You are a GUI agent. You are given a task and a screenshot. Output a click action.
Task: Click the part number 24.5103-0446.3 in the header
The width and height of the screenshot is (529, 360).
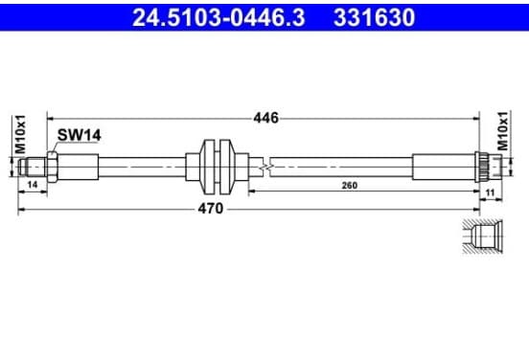[x=218, y=17]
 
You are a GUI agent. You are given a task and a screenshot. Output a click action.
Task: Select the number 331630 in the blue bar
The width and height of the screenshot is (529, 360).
[x=374, y=17]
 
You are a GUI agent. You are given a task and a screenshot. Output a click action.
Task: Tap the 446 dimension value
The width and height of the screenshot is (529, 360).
[x=266, y=118]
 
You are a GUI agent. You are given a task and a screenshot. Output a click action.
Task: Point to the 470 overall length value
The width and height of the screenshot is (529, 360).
[x=211, y=209]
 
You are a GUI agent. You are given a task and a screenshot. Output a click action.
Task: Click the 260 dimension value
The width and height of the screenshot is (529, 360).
[x=350, y=186]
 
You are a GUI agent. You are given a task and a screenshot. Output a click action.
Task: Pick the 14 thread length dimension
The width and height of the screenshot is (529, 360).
[x=33, y=185]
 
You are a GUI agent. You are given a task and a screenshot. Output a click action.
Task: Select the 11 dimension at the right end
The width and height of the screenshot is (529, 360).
[x=490, y=192]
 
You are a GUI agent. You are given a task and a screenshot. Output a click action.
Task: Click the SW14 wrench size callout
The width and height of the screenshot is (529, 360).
[x=79, y=135]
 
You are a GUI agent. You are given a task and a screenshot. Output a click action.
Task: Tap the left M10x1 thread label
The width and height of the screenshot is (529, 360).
[x=21, y=134]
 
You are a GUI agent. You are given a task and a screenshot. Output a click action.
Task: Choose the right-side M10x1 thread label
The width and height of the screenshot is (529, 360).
[x=503, y=131]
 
